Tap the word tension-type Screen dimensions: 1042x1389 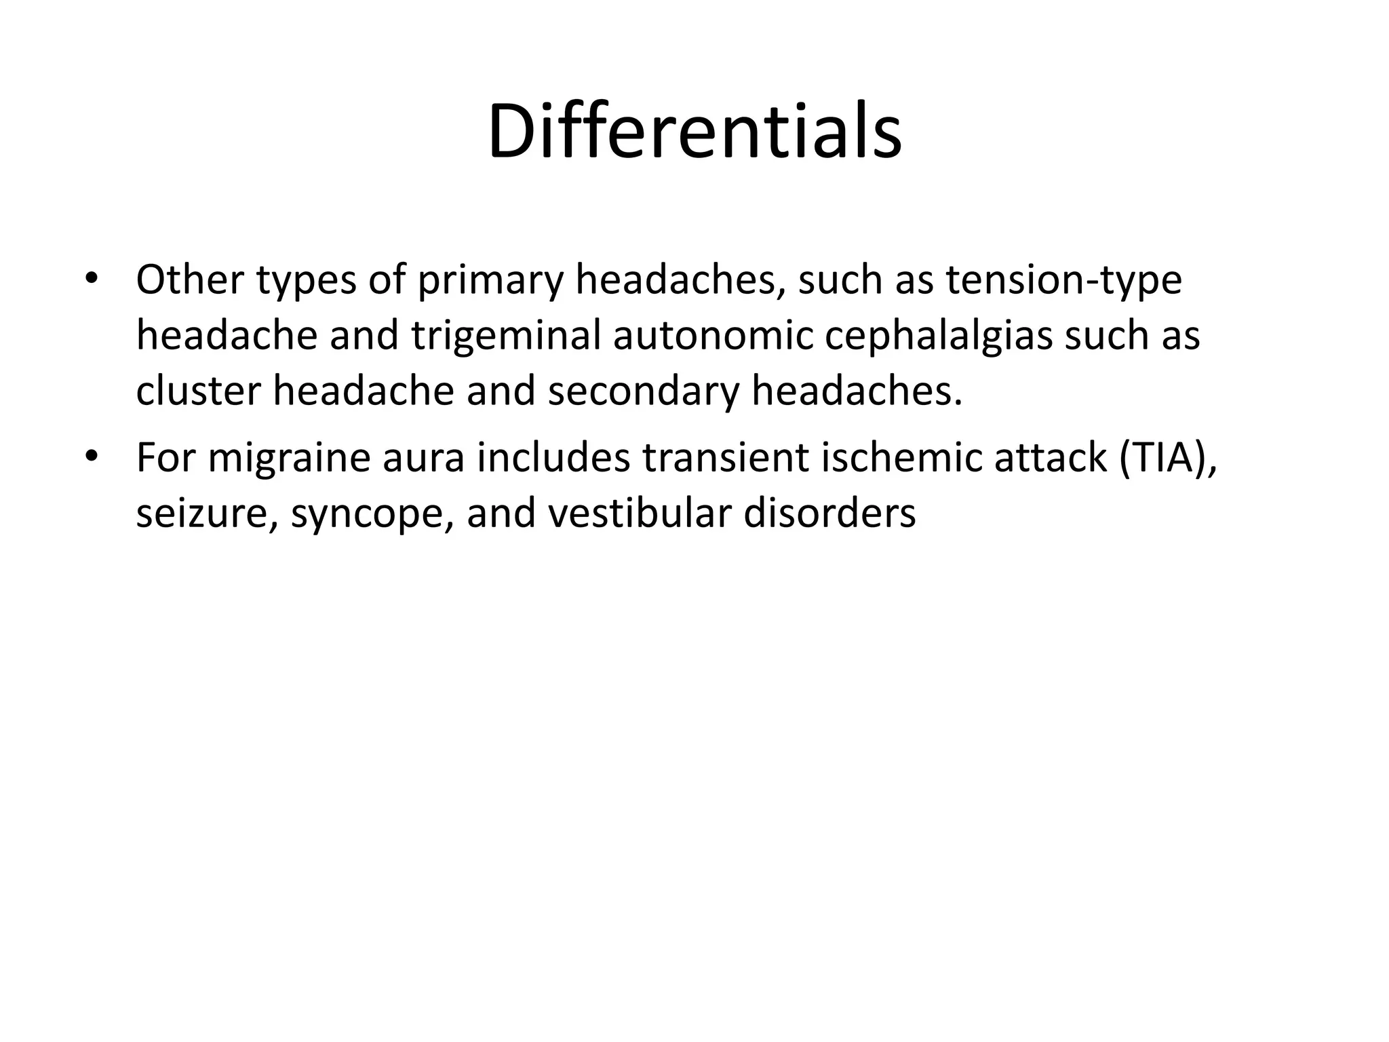click(x=1063, y=281)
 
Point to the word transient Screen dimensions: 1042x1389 click(x=725, y=458)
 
